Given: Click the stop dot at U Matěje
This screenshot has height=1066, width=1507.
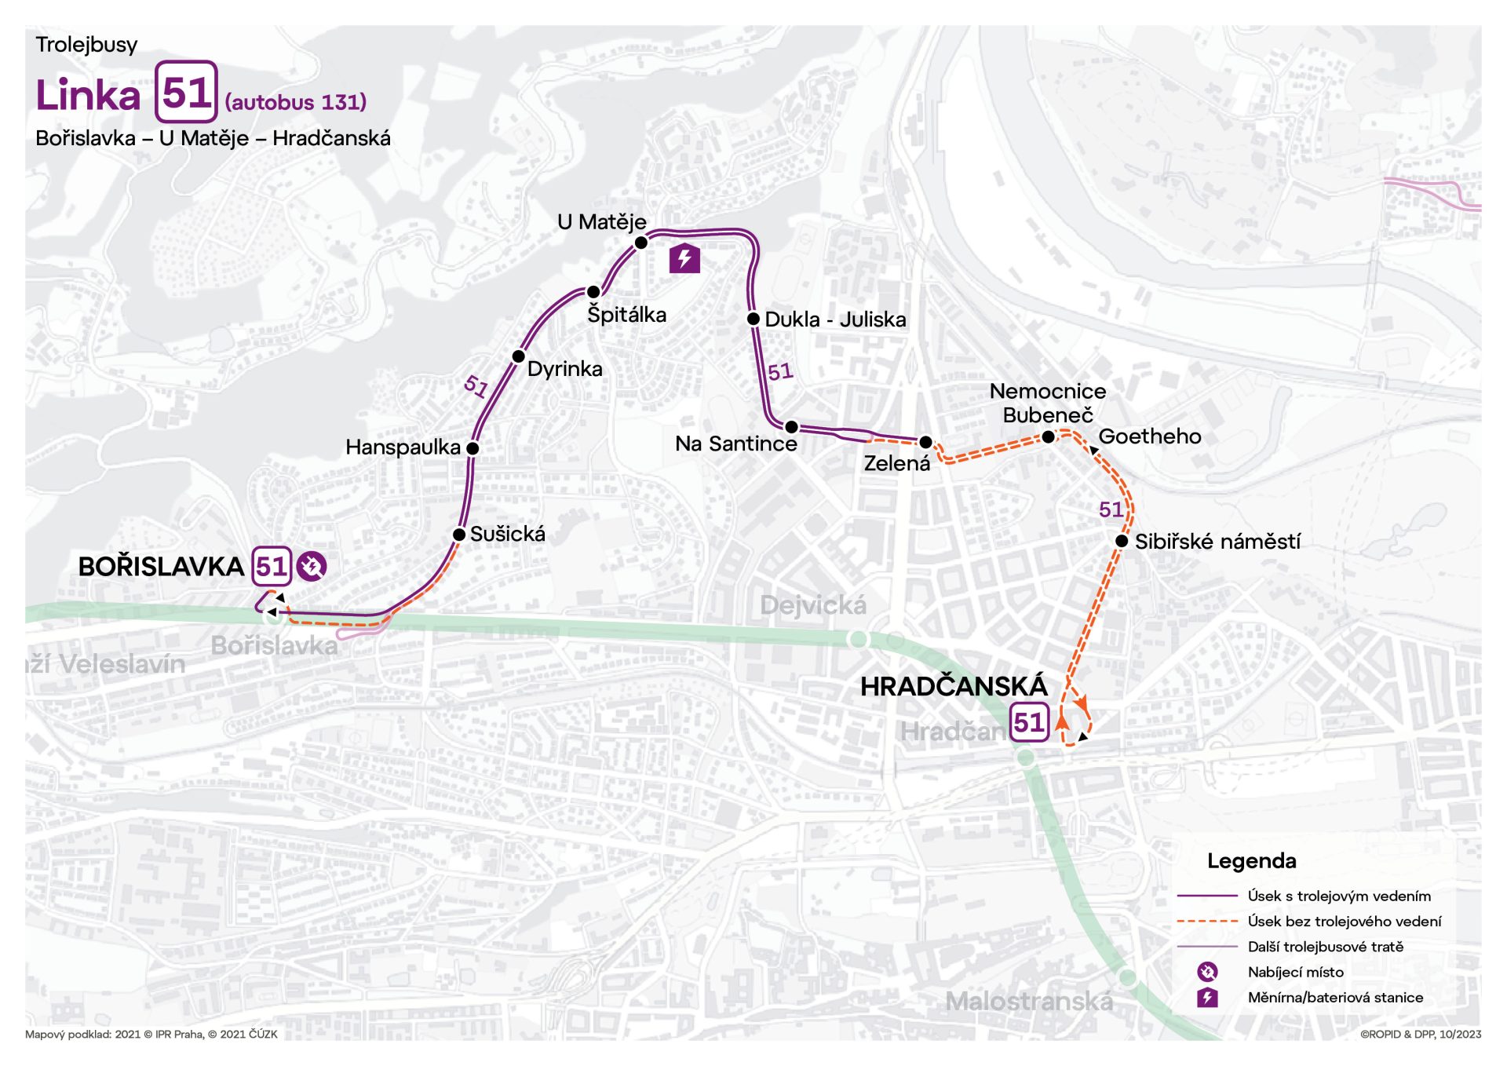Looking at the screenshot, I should [x=640, y=243].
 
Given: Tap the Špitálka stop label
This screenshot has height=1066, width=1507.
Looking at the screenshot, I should [x=626, y=315].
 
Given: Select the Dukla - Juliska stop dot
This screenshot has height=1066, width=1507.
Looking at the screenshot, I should [x=753, y=319].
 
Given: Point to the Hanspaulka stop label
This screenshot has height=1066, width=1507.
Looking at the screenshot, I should [x=403, y=447].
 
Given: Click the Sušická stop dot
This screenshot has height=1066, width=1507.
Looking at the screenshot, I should [x=459, y=535].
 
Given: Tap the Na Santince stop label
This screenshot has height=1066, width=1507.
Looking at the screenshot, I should [x=735, y=444].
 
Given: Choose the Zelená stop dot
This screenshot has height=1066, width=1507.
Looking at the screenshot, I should [x=925, y=443].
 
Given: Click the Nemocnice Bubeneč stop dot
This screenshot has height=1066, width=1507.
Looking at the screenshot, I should [x=1048, y=437].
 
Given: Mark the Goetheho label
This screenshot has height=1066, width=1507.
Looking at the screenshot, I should [x=1149, y=436].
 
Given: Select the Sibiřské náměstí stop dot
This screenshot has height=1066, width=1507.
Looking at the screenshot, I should [x=1122, y=541].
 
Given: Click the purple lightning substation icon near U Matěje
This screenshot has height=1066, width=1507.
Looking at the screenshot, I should [x=684, y=258].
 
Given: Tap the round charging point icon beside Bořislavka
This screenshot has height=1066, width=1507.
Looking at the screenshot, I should [x=312, y=566].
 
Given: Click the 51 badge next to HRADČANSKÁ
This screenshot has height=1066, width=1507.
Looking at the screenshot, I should [x=1028, y=722].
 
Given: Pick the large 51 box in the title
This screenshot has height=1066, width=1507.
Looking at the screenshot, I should [x=186, y=92].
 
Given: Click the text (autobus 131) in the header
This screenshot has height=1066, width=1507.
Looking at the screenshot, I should [x=296, y=102].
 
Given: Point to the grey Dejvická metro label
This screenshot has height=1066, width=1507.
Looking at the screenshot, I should [x=813, y=605].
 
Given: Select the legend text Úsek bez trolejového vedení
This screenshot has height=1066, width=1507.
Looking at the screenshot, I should [x=1344, y=922].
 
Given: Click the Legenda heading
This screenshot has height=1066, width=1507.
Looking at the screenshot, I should [x=1251, y=861].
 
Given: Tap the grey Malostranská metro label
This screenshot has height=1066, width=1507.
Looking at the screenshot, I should [x=1029, y=1002].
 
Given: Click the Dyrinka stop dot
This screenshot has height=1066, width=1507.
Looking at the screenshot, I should [x=518, y=356].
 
